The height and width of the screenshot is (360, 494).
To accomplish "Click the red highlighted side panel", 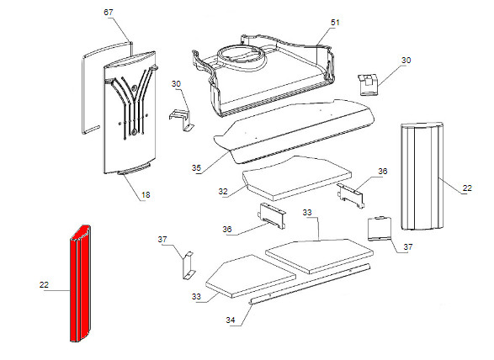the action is point(80,283).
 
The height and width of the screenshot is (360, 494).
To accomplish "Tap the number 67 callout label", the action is point(108,13).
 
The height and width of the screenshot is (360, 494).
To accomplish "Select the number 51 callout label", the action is point(335,23).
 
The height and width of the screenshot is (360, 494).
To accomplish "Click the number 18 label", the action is point(146,195).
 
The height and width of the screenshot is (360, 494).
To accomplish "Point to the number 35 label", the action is point(196,168).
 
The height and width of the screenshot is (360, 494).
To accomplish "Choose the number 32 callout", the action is point(223,191).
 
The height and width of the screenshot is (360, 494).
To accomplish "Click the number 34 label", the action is point(231,320).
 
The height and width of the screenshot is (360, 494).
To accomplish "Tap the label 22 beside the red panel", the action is point(44,285).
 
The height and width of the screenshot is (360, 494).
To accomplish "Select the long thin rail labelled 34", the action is point(310,284).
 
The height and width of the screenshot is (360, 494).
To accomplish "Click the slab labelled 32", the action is point(296,178).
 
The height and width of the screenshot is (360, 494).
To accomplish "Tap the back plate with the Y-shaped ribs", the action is point(130,114).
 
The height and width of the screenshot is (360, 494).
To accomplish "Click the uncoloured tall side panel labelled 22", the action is point(422,177).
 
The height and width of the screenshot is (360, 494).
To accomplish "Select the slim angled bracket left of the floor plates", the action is point(188,265).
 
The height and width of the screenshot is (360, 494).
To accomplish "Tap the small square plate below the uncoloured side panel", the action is point(380,228).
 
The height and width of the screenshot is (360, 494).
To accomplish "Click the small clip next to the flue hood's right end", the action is point(368,84).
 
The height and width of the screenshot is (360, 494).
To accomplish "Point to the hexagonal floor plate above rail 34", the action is point(251,276).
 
